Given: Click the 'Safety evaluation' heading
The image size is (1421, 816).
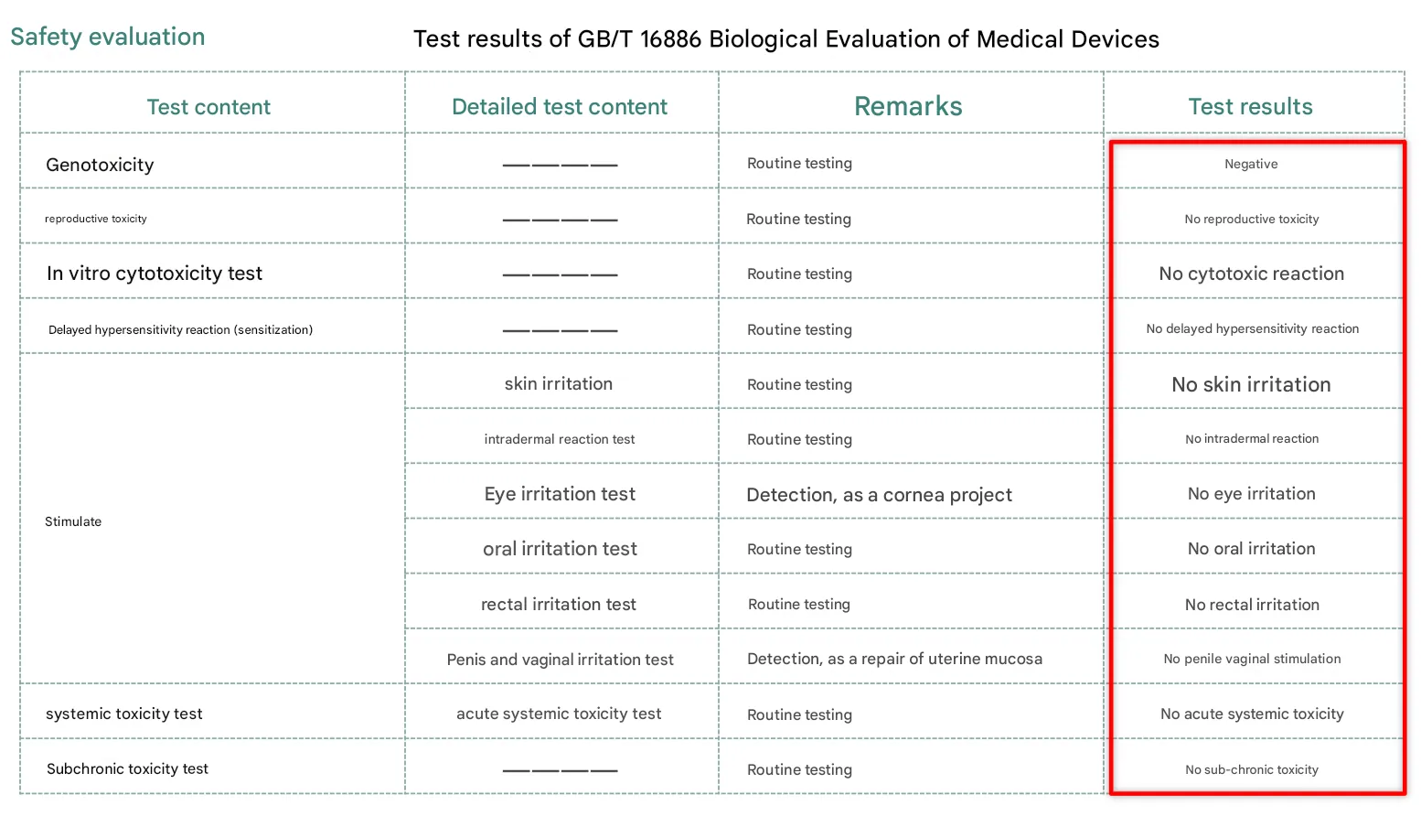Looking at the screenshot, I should pyautogui.click(x=108, y=38).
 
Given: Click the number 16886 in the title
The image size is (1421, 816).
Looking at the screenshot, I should pyautogui.click(x=670, y=39).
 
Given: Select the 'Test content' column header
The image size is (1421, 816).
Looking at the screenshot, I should pyautogui.click(x=208, y=107).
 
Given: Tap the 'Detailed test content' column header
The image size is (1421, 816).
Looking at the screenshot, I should pyautogui.click(x=560, y=107).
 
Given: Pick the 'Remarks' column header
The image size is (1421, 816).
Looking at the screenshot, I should pyautogui.click(x=908, y=107).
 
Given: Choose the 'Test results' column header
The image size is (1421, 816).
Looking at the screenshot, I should pyautogui.click(x=1250, y=107).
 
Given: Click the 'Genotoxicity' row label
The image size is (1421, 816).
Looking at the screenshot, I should pyautogui.click(x=100, y=165).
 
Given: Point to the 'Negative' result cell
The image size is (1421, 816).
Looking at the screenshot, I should pyautogui.click(x=1251, y=165).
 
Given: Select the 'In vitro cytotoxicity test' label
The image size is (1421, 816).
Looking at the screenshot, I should pyautogui.click(x=155, y=274).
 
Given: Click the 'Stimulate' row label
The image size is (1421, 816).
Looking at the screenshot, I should pyautogui.click(x=73, y=521).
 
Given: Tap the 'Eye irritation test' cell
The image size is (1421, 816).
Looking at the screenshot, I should pyautogui.click(x=560, y=494).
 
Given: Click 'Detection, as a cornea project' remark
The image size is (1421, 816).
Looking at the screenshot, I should pyautogui.click(x=879, y=495).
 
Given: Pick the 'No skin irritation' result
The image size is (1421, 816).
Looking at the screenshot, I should pyautogui.click(x=1251, y=384).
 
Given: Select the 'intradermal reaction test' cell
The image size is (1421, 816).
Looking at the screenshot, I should pyautogui.click(x=560, y=439).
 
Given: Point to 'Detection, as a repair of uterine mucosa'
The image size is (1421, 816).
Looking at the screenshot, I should pyautogui.click(x=894, y=659).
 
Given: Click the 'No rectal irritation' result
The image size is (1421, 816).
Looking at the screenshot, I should pyautogui.click(x=1252, y=605).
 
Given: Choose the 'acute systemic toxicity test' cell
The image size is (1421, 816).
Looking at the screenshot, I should pyautogui.click(x=559, y=714).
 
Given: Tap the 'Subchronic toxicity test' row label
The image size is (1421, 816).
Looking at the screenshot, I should pyautogui.click(x=127, y=769).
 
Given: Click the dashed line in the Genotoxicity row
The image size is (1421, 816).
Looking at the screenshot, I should pyautogui.click(x=560, y=166).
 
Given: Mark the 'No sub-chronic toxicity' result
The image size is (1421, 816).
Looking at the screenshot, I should pyautogui.click(x=1252, y=769).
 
